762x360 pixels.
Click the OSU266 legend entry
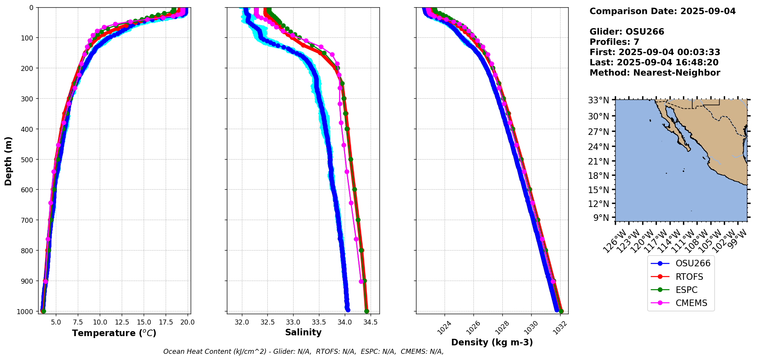click(692, 264)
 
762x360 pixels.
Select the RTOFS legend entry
click(689, 277)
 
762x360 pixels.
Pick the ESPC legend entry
click(686, 290)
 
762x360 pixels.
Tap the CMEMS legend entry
click(691, 303)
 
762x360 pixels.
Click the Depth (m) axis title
click(8, 161)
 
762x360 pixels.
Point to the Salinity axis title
click(303, 333)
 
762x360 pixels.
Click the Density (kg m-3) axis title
click(492, 342)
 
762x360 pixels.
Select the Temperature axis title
click(114, 333)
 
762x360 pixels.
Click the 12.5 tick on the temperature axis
click(122, 322)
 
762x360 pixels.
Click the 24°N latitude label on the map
click(601, 147)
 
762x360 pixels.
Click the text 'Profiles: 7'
click(614, 42)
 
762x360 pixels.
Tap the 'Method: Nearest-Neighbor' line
click(655, 73)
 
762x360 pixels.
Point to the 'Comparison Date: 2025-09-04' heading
click(662, 11)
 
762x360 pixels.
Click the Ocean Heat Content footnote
click(303, 352)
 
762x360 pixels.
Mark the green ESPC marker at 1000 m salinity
click(366, 311)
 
